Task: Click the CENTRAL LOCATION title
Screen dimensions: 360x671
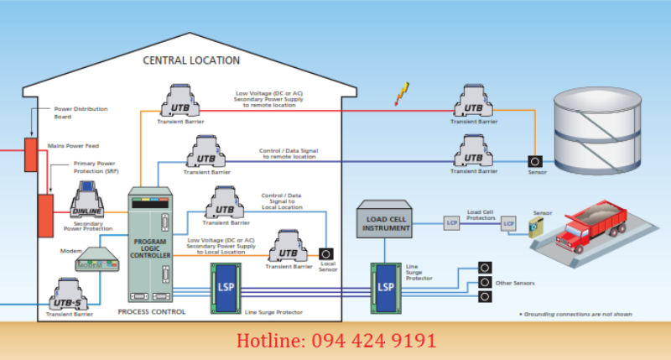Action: click(x=191, y=60)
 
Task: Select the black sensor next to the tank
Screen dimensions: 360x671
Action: click(x=533, y=160)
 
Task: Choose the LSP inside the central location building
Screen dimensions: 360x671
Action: click(x=226, y=284)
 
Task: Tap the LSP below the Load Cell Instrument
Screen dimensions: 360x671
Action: click(x=386, y=284)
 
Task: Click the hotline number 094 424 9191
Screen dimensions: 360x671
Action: click(x=335, y=341)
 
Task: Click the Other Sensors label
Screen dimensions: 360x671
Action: click(x=514, y=283)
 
